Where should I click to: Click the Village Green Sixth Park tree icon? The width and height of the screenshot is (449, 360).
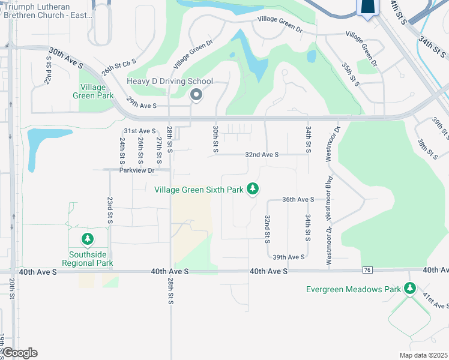tap(253, 189)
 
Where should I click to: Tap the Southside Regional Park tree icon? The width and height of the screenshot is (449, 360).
tap(88, 240)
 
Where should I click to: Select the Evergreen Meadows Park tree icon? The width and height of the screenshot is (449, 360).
tap(410, 289)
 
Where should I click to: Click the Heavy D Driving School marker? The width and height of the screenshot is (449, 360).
tap(196, 95)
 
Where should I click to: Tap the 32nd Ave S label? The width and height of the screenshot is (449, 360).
tap(262, 155)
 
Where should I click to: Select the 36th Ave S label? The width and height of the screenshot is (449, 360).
tap(298, 200)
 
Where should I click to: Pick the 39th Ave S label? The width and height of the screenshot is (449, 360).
tap(288, 257)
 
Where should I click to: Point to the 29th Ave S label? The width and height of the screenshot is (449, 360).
tap(140, 106)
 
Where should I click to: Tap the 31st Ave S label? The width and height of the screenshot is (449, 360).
tap(139, 131)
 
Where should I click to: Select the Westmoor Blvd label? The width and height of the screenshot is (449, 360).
tap(329, 197)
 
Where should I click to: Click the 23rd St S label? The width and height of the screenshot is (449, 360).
tap(110, 209)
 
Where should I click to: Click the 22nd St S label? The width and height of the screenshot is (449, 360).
tap(48, 70)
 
